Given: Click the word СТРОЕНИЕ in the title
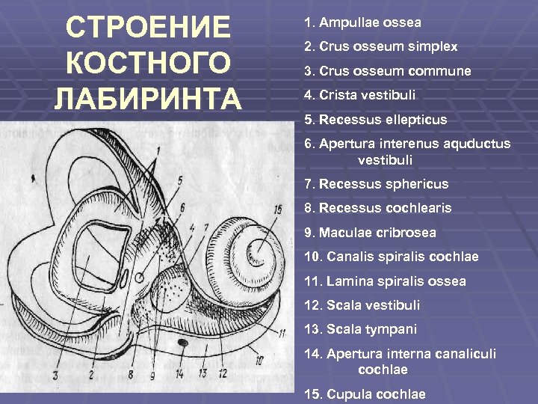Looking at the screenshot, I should click(x=147, y=28).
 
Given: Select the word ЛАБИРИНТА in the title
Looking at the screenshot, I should click(x=147, y=99).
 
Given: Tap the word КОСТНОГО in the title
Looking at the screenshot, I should click(x=147, y=64).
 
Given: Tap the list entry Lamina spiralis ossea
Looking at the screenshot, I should click(x=384, y=281).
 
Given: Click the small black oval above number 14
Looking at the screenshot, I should click(x=182, y=342).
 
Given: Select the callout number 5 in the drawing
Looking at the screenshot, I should click(x=180, y=181).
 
